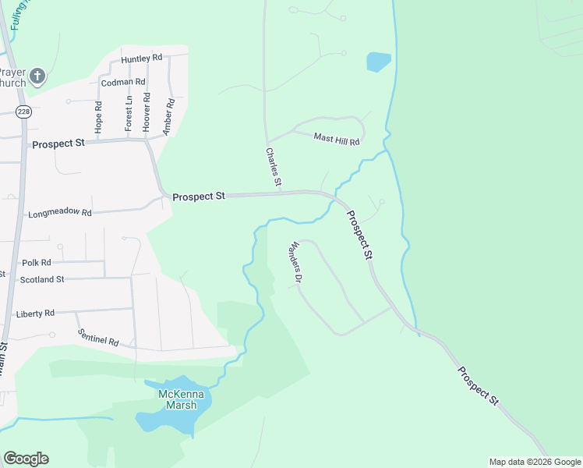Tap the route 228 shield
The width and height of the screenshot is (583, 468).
point(23,111)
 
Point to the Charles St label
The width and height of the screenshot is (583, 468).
point(274,167)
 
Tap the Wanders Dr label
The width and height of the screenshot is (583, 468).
point(295,261)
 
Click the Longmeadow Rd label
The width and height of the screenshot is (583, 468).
point(60,213)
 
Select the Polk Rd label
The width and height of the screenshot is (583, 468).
point(37,263)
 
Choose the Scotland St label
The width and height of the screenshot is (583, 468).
point(42,278)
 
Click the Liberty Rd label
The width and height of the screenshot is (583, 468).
point(35,313)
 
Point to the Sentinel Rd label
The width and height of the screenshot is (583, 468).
point(98,337)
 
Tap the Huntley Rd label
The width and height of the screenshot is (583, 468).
point(141,58)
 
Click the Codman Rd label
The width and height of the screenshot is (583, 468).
point(123,81)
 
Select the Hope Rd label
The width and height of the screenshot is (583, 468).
point(99,116)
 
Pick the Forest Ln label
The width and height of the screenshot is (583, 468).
point(129,113)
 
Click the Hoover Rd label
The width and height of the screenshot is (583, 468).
point(147,113)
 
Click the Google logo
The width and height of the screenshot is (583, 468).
point(26,459)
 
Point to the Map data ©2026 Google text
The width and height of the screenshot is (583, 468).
point(534,462)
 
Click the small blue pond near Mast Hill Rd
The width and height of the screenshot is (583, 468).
point(378,62)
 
